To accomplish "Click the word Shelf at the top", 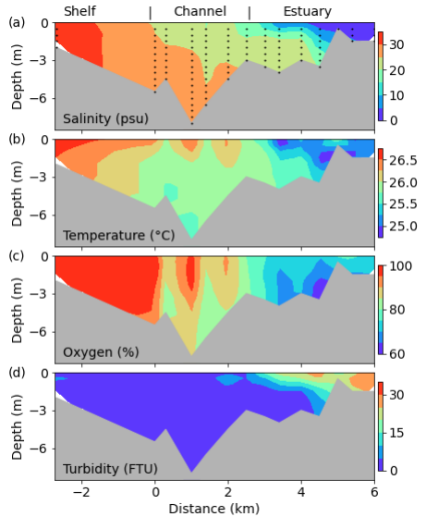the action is [79, 11].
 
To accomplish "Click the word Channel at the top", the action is [200, 11].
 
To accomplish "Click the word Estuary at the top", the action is [308, 12].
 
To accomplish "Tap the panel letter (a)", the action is [17, 22].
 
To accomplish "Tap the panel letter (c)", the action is [17, 256].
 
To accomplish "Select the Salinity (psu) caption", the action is [105, 118].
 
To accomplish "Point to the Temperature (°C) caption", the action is [118, 235].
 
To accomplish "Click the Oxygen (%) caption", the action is [101, 352].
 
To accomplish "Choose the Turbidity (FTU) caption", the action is [110, 469].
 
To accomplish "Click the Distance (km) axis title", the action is [214, 509].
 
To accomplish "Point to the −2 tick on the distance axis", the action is [81, 492].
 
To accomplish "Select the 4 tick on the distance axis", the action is [301, 492].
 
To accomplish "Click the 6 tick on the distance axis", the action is [374, 492].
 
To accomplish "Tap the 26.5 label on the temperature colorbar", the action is [403, 160].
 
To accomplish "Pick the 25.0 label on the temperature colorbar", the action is [403, 226].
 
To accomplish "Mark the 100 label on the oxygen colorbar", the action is [401, 266].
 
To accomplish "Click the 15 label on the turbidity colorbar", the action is [396, 433].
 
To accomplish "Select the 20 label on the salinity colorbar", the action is [397, 70].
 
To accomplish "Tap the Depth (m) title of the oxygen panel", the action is [17, 310].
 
